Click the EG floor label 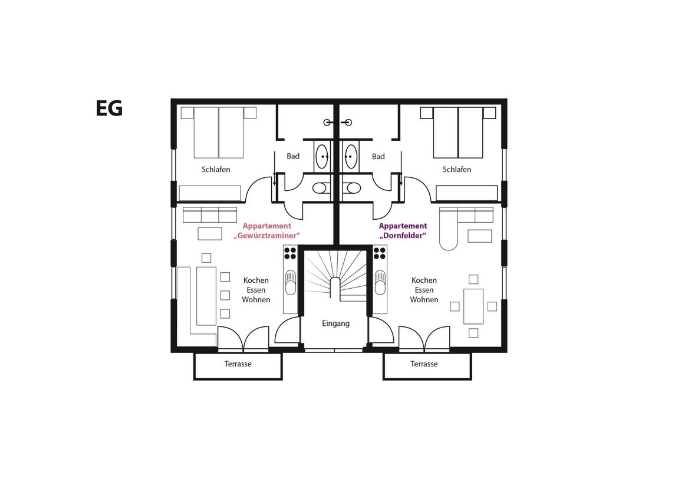coord(109,108)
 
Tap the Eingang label coord(335,323)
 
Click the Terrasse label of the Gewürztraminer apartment coord(238,364)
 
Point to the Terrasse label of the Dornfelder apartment coord(424,364)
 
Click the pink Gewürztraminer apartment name coord(267,230)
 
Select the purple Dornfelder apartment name coord(403,230)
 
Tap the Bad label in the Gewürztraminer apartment coord(293,156)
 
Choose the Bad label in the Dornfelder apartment coord(378,156)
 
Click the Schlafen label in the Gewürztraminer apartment coord(216,169)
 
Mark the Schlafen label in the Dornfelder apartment coord(456,169)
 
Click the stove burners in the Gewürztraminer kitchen coord(290,253)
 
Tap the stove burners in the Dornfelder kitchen coord(380,253)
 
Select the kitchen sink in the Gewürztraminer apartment coord(290,282)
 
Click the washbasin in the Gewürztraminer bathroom coord(322,156)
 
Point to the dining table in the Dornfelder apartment coord(473,306)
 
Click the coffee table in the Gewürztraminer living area coord(210,233)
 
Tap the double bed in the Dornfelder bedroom coord(458,132)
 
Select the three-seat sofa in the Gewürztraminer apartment coord(210,214)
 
